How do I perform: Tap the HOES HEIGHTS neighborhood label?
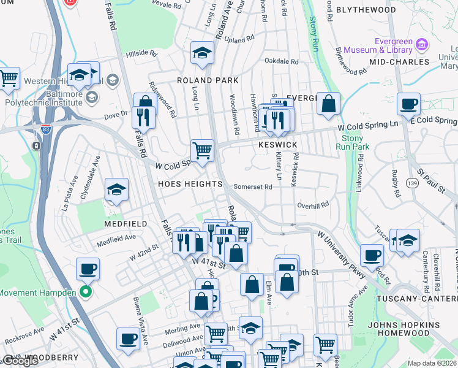(x=190, y=184)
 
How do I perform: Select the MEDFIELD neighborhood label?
(x=126, y=224)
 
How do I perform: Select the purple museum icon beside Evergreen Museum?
(x=421, y=45)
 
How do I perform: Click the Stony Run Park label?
(x=353, y=142)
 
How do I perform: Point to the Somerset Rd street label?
(x=252, y=187)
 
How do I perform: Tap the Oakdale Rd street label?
(x=281, y=61)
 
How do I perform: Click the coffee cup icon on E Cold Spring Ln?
(x=408, y=105)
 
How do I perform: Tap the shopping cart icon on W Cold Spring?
(x=202, y=150)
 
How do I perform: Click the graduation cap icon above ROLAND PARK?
(x=201, y=53)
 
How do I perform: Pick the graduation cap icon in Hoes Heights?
(x=116, y=190)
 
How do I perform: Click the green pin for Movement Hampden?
(x=86, y=292)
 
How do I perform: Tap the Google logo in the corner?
(x=20, y=361)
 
